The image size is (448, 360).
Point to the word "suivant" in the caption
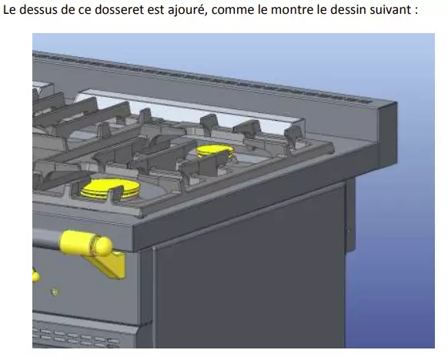(390, 9)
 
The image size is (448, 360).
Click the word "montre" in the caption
(289, 10)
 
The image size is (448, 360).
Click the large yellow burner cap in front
(110, 188)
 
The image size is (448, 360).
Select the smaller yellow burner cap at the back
(214, 151)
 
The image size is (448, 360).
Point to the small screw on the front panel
(55, 292)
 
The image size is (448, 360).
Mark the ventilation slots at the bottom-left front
(75, 338)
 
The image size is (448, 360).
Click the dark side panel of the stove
(249, 272)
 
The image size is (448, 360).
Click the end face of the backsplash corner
(388, 133)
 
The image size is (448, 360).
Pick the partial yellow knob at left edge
(35, 276)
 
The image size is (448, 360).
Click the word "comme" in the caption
(232, 11)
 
